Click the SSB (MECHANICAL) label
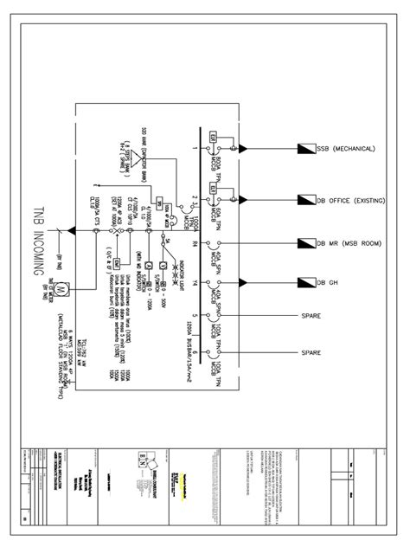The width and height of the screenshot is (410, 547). (346, 148)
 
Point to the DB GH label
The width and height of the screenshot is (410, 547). (326, 282)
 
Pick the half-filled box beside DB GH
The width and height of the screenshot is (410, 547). (305, 282)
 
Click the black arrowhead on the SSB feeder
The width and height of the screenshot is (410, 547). (243, 148)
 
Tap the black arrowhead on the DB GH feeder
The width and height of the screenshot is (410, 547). (243, 282)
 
